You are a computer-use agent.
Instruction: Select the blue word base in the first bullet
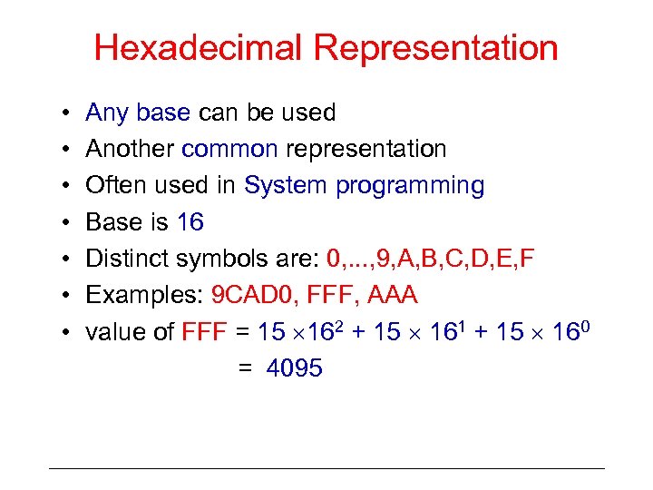[163, 113]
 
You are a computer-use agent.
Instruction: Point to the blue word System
[286, 186]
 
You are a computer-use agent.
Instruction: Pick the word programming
[410, 187]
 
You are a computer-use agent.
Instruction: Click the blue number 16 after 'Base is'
[190, 222]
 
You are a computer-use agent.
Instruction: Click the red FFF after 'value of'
[205, 332]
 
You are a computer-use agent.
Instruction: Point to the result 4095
[294, 368]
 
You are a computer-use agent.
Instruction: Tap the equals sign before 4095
[245, 369]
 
